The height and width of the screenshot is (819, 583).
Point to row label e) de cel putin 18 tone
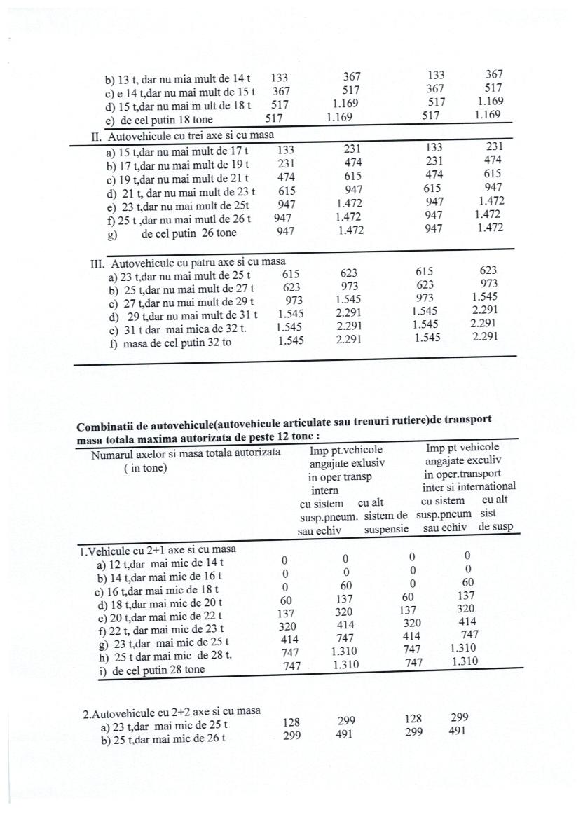click(x=158, y=120)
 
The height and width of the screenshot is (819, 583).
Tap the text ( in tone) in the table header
click(x=145, y=468)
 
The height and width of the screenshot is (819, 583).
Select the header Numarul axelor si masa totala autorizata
click(x=186, y=453)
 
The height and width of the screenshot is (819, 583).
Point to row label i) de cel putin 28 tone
click(x=158, y=669)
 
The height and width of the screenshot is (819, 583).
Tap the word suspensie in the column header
click(x=386, y=529)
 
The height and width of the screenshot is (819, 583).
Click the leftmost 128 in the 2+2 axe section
click(x=292, y=722)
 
